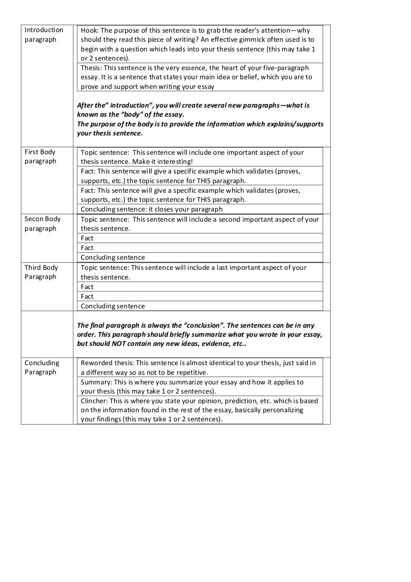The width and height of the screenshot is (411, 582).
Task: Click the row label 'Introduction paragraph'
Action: click(x=44, y=35)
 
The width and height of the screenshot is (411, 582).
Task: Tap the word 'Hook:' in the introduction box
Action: click(x=90, y=31)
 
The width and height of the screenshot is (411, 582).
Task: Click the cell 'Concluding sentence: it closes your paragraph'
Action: click(x=151, y=209)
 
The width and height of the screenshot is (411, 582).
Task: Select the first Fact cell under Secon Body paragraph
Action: click(x=87, y=238)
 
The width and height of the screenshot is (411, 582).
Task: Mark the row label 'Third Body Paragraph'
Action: click(x=41, y=272)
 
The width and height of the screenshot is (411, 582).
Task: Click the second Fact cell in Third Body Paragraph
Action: click(x=87, y=296)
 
